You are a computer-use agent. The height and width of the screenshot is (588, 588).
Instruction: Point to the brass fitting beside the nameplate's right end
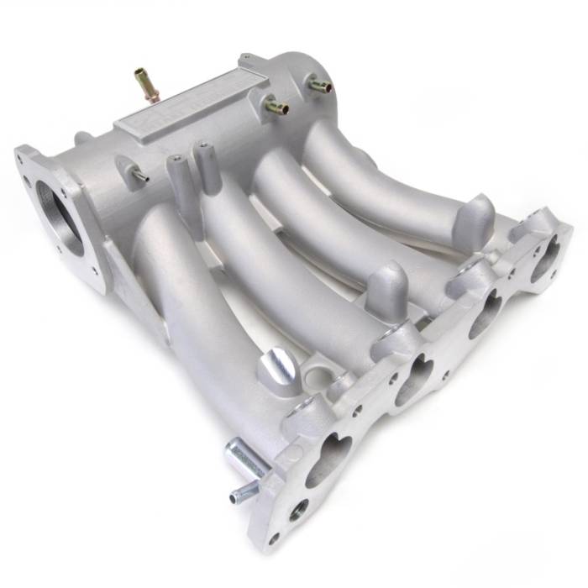point(276,106)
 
